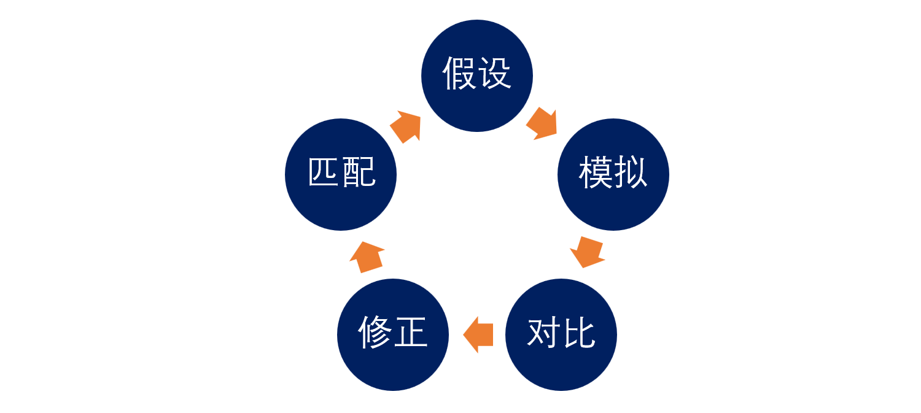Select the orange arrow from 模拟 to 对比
coord(588,251)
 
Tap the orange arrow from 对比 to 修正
coord(478,335)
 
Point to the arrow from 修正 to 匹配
coord(367,257)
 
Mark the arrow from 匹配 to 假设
coord(406,126)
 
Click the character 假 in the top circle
coord(460,74)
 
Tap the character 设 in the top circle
coord(495,74)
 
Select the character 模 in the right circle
coord(596,174)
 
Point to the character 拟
coord(631,174)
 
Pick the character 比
coord(579,334)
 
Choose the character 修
coord(375,334)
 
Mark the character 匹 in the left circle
coord(324,174)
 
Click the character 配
coord(359,174)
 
